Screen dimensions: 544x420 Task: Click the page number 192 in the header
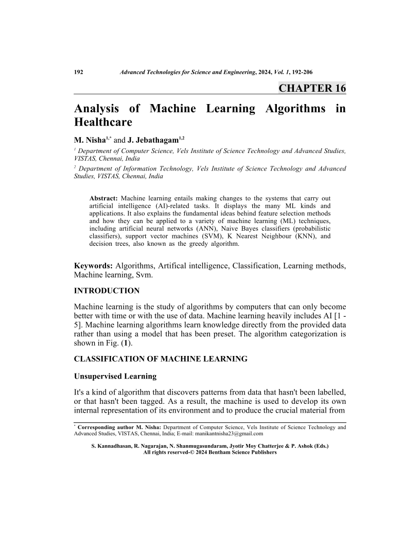pos(79,73)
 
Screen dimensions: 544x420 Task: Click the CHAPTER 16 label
pos(312,88)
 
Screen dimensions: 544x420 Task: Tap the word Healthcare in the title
pos(103,122)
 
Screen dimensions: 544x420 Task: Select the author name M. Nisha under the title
pos(89,140)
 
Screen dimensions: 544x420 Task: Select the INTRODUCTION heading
pos(107,291)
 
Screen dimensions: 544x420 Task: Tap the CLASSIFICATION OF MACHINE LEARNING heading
pos(161,359)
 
